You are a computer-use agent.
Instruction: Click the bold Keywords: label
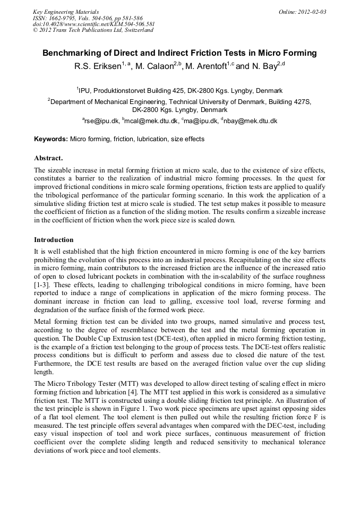pos(51,140)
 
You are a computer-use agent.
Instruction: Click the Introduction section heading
pos(54,240)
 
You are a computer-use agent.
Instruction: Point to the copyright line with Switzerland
pos(93,30)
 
